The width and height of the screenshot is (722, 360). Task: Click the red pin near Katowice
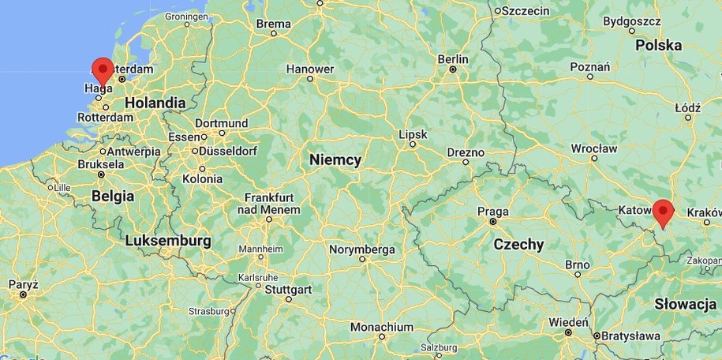662,211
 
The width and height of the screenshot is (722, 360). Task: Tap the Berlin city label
452,59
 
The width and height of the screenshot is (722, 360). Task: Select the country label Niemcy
335,160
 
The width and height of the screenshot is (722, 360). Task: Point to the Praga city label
492,212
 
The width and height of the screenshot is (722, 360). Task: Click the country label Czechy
518,245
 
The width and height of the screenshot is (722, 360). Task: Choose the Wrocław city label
594,148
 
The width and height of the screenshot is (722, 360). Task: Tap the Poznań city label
590,67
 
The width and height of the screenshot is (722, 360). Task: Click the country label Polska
658,46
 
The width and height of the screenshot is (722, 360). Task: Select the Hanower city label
310,69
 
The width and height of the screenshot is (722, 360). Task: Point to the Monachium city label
382,327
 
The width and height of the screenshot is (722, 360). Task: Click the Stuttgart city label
288,290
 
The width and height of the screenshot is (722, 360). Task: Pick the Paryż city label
24,283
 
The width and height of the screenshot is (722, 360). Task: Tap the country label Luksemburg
168,240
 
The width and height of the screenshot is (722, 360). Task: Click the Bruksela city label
101,164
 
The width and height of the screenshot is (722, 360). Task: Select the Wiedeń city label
568,322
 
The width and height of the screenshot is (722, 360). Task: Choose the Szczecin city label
525,10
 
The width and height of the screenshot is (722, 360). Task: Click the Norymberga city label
362,249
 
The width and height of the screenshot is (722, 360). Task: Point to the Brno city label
578,264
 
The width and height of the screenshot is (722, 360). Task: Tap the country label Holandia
155,103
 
